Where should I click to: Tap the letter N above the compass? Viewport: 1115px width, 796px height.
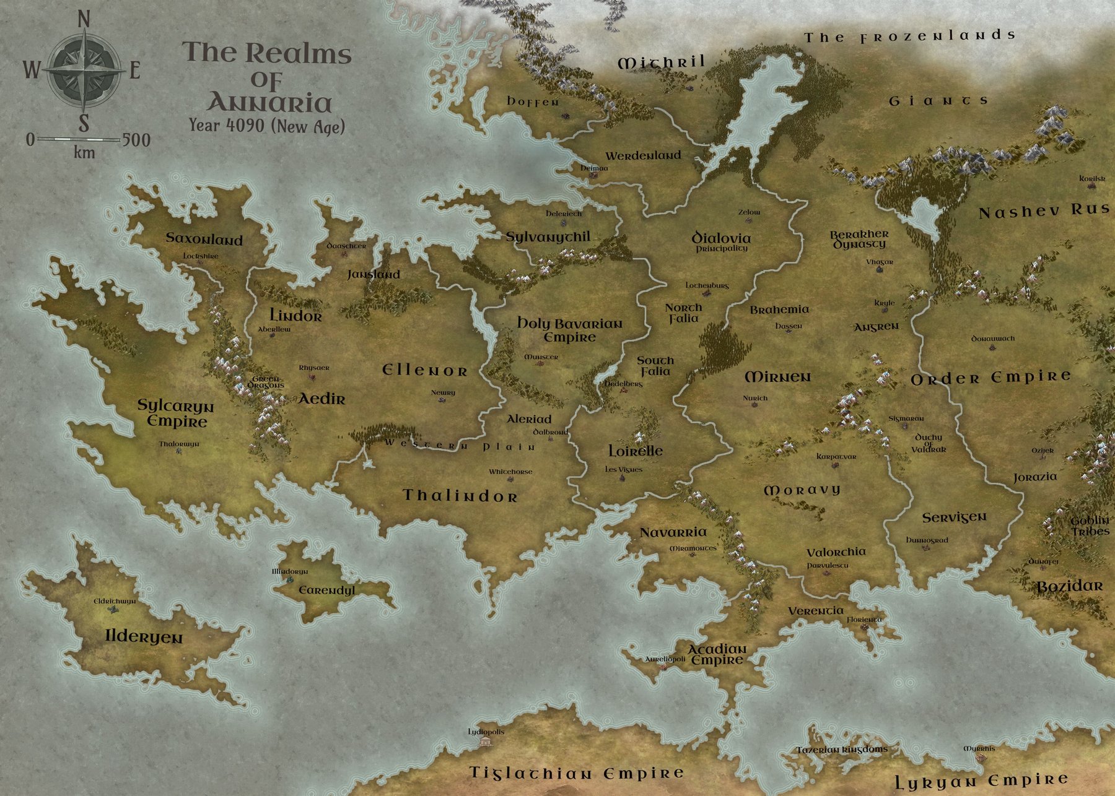(84, 20)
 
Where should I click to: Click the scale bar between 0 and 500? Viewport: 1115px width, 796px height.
(78, 139)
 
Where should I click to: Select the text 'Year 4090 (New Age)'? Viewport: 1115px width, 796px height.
(267, 126)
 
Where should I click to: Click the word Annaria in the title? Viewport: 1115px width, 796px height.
(269, 103)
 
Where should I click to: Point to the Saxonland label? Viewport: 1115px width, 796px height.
(204, 240)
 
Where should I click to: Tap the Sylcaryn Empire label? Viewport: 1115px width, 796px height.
(175, 414)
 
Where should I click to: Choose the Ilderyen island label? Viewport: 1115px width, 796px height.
(144, 637)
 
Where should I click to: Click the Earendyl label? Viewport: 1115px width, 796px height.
(326, 590)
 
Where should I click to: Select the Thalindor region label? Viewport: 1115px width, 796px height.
(460, 496)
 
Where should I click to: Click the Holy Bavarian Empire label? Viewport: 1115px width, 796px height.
(569, 331)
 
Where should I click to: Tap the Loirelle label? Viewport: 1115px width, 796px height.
(635, 451)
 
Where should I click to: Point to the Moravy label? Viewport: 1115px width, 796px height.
(802, 490)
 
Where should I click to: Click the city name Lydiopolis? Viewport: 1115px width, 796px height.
(486, 732)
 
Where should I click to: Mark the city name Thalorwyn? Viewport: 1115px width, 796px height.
(178, 444)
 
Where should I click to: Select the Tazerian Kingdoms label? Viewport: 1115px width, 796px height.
(842, 750)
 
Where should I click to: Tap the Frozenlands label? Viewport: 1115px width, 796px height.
(909, 37)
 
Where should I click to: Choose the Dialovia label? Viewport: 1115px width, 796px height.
(721, 238)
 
